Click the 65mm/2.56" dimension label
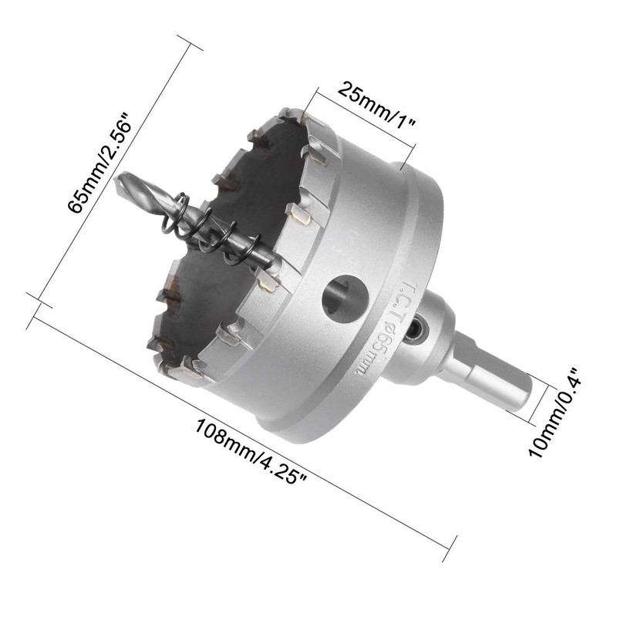tap(99, 163)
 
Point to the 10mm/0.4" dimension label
tap(553, 413)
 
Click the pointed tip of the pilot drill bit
tap(115, 179)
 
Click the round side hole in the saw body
tap(345, 298)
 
